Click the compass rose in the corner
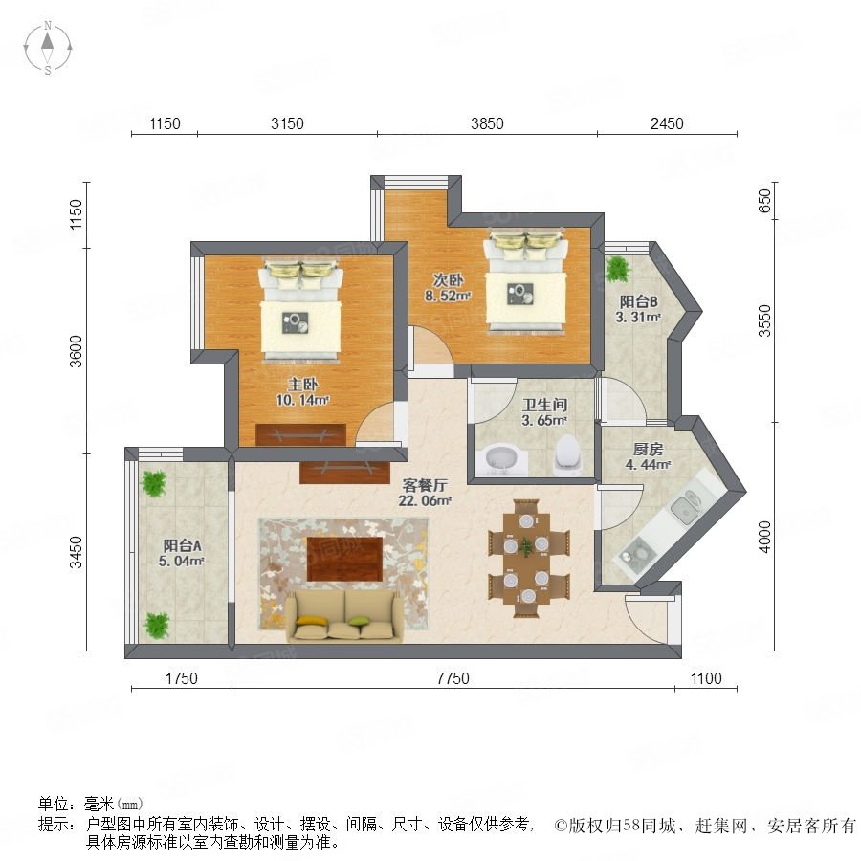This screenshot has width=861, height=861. click(48, 48)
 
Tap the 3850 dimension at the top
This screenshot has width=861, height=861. click(487, 123)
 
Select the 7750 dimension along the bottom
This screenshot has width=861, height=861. click(453, 678)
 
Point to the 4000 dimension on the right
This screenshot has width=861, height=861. click(764, 537)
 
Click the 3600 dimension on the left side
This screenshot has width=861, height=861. click(77, 351)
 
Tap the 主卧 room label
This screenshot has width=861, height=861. click(302, 385)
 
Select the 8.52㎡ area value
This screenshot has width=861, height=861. click(448, 297)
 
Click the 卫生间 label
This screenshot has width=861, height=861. click(544, 406)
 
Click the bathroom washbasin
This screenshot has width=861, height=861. click(500, 461)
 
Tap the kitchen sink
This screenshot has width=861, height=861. click(685, 506)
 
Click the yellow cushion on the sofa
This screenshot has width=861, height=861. click(311, 621)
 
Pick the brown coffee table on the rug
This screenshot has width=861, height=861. click(344, 559)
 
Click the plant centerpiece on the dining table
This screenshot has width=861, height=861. click(527, 546)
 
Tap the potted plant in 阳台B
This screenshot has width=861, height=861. click(618, 269)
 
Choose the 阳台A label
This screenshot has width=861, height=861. click(183, 546)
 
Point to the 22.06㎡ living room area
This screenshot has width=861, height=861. click(425, 500)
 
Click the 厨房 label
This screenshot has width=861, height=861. click(648, 450)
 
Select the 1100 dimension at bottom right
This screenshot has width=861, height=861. click(706, 678)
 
